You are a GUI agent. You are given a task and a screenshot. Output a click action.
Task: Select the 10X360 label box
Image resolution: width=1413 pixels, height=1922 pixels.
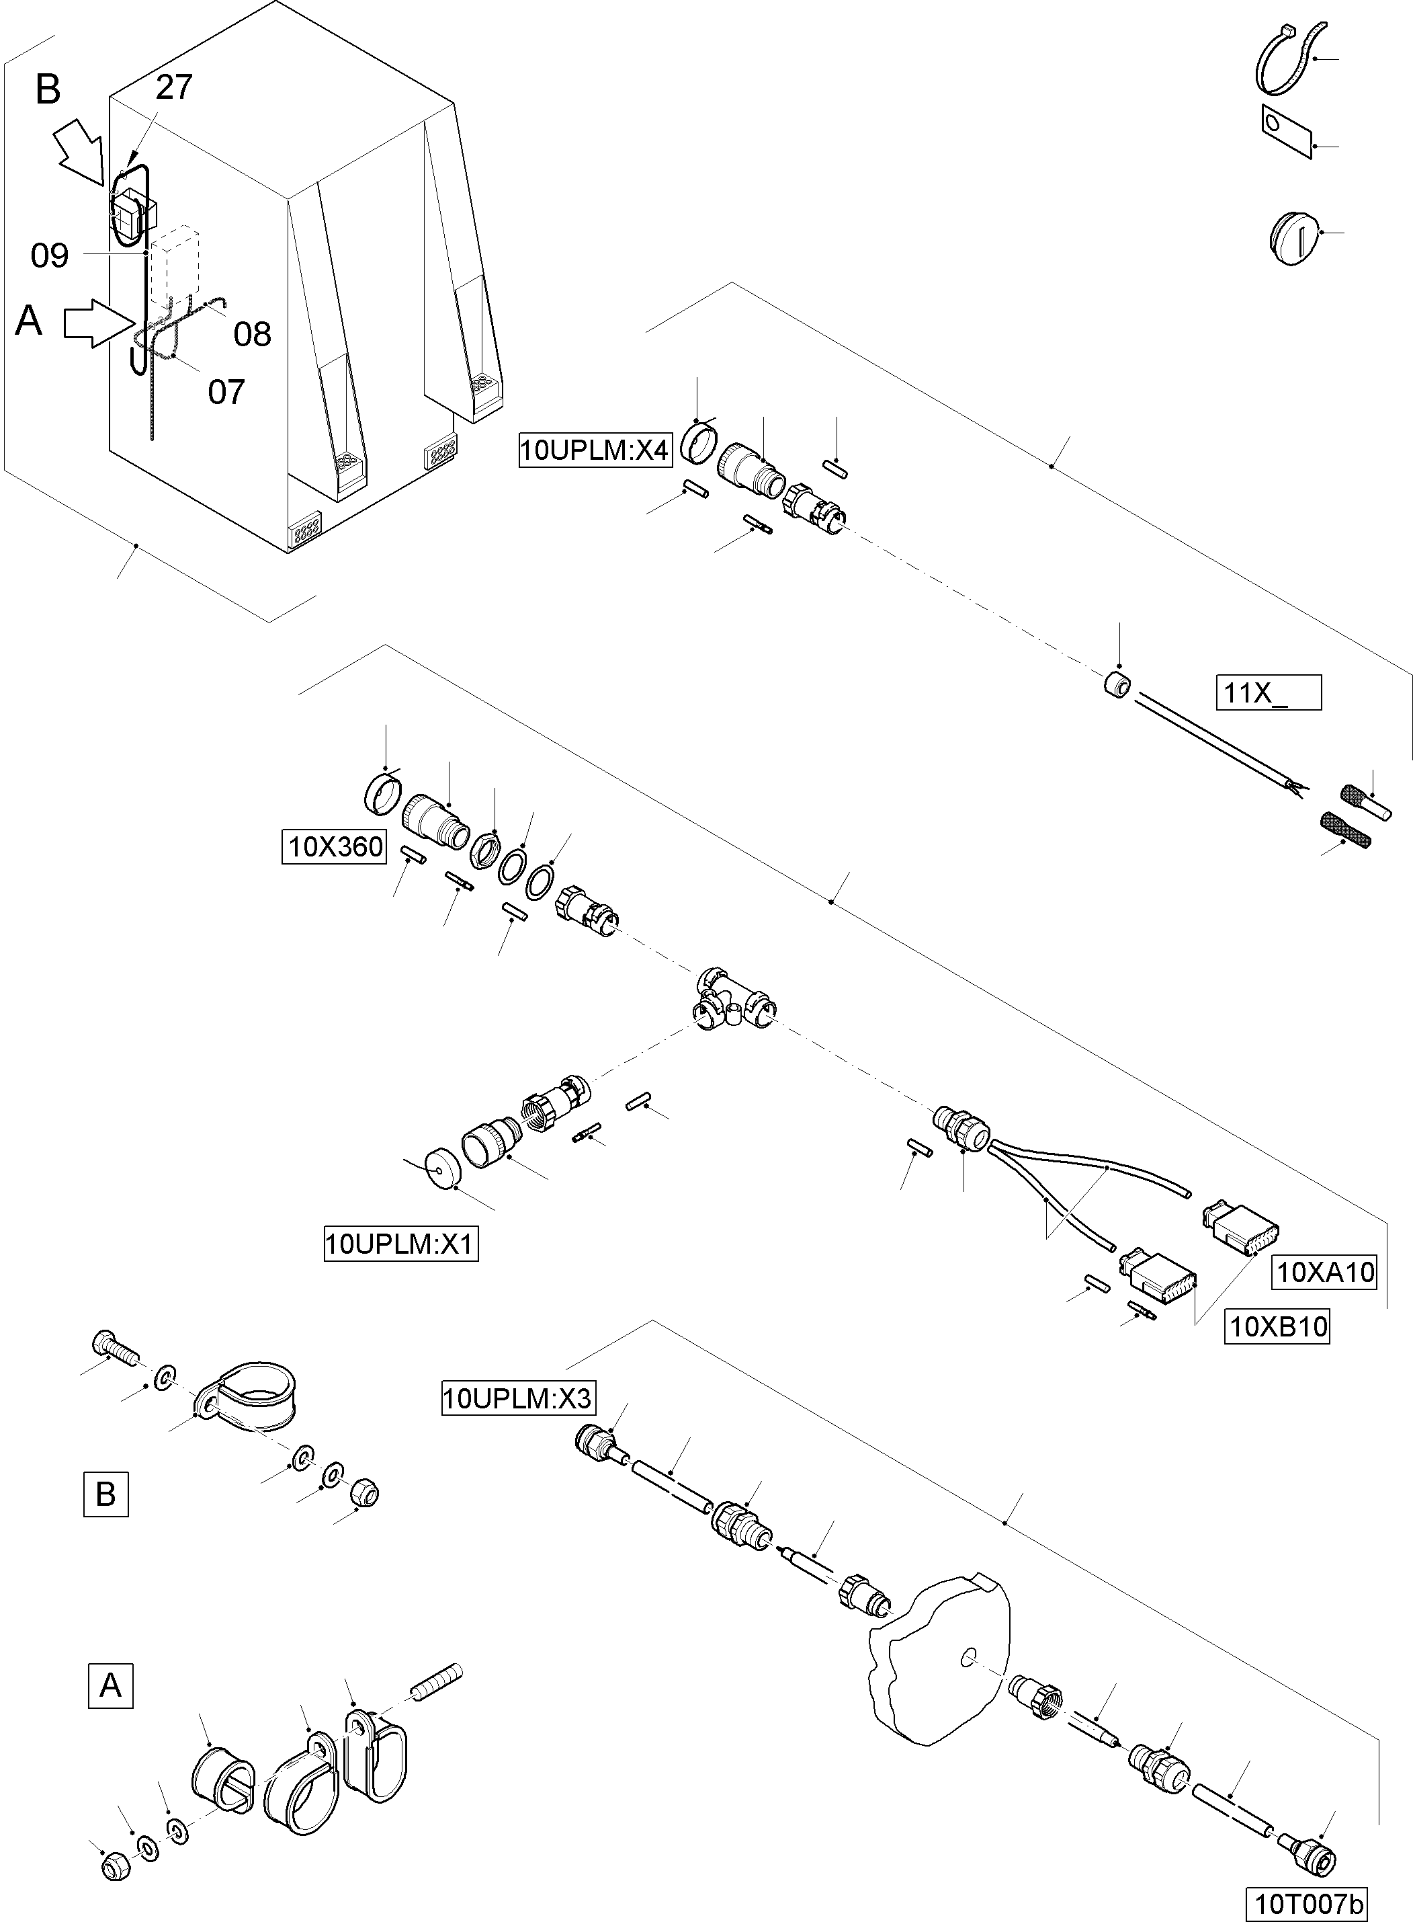(335, 847)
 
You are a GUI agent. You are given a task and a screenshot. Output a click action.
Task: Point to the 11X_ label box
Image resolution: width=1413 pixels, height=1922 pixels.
(1269, 692)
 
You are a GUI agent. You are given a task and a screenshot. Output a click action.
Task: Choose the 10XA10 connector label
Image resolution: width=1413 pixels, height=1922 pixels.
(1325, 1273)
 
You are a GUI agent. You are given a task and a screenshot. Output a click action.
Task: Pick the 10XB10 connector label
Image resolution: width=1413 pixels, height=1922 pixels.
(1278, 1327)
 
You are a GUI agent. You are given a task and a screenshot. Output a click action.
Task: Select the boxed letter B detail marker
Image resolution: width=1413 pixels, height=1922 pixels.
(106, 1494)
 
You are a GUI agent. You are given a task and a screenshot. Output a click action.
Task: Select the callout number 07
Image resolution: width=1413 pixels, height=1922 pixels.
(226, 392)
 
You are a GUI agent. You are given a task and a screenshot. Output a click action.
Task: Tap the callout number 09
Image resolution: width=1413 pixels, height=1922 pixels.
(50, 255)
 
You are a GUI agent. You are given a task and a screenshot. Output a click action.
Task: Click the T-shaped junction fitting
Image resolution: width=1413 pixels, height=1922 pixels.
(731, 999)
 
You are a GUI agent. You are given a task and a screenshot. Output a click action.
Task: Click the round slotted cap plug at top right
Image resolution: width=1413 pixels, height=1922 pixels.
(1293, 237)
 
